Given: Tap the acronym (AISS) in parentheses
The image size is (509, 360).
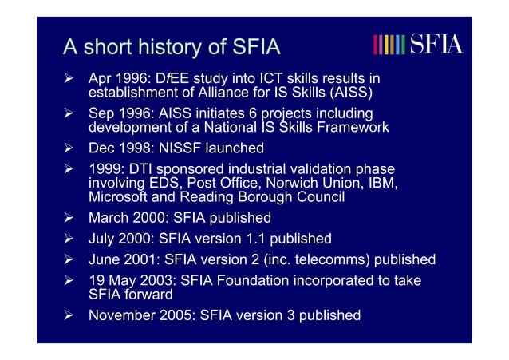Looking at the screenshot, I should click(348, 93).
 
